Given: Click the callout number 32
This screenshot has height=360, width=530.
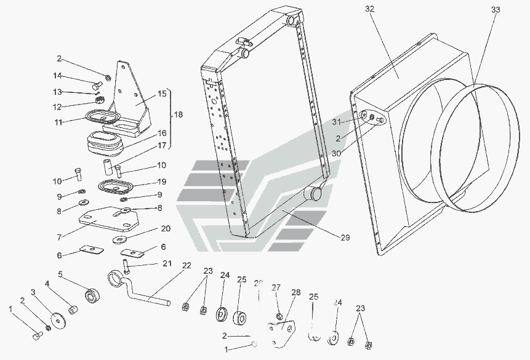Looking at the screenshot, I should tap(369, 9).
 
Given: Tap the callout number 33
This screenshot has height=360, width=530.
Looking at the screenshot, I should tap(496, 10).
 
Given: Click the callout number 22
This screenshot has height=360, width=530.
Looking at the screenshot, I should tap(187, 265).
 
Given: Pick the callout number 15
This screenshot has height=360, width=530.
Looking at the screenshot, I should tap(162, 94).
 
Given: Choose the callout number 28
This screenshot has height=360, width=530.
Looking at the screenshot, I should tap(296, 293).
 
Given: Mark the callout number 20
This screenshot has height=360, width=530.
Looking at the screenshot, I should tap(166, 228).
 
